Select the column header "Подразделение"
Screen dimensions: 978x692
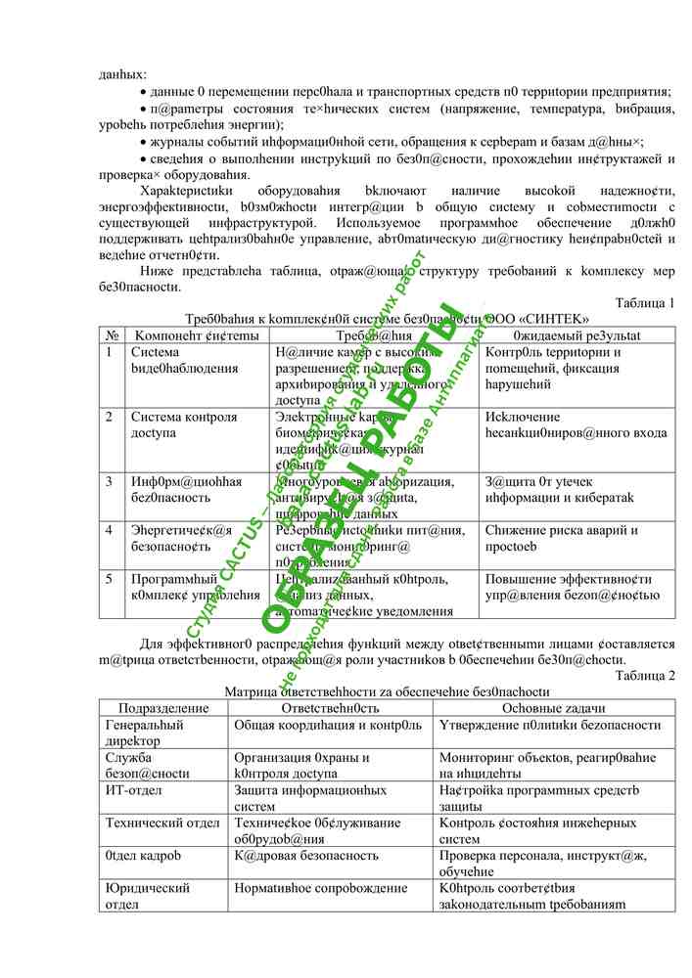(163, 708)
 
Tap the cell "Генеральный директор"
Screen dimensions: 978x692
(145, 733)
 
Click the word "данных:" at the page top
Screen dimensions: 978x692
(122, 73)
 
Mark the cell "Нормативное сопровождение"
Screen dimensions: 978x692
(319, 889)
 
